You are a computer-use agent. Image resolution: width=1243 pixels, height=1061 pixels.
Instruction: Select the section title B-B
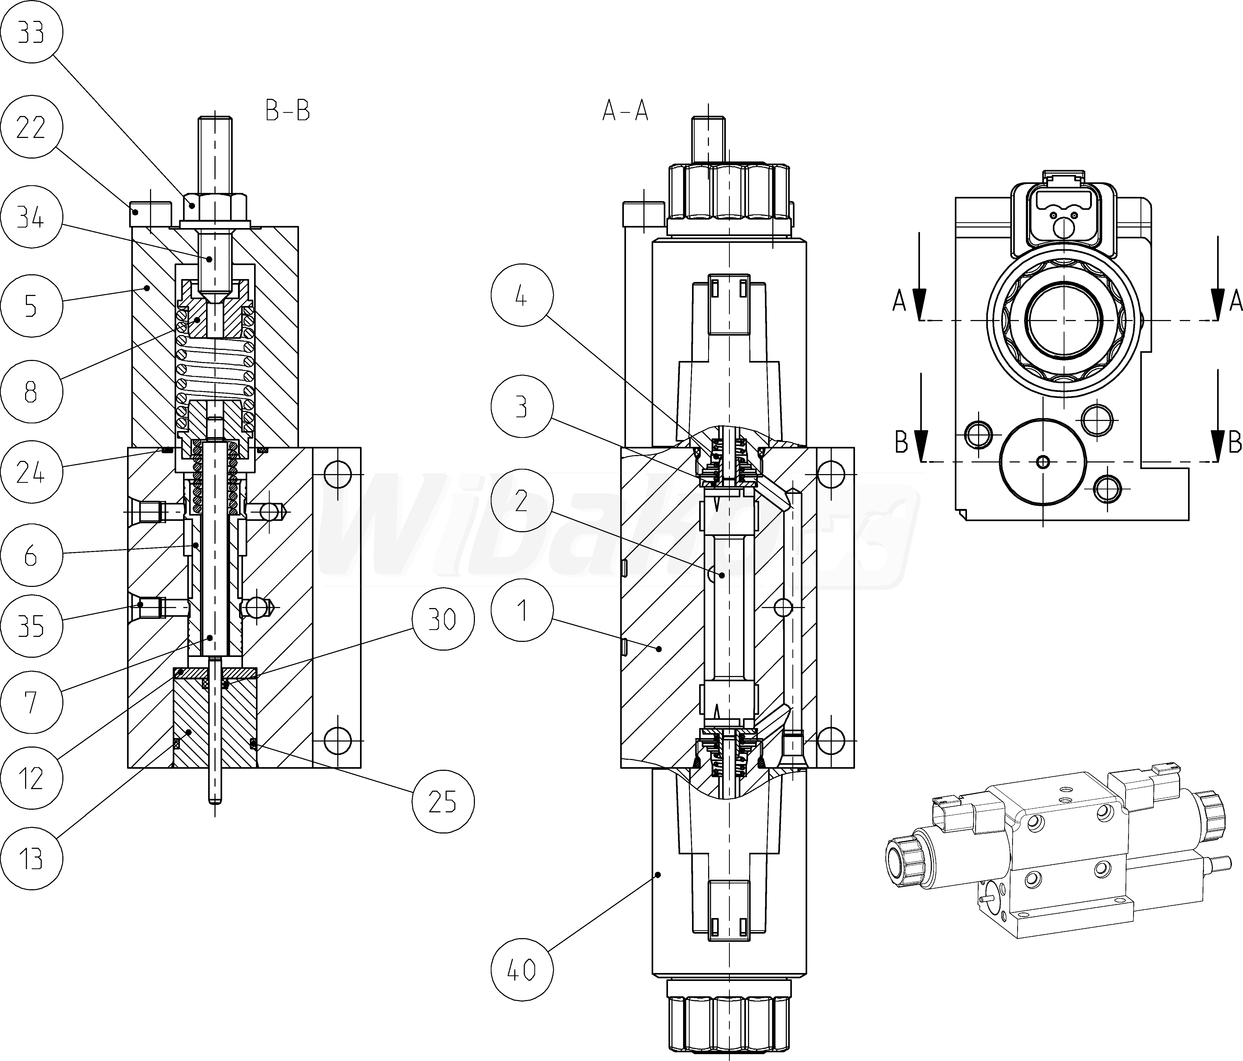(x=288, y=111)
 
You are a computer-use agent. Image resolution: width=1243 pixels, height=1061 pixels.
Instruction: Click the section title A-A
(x=625, y=111)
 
